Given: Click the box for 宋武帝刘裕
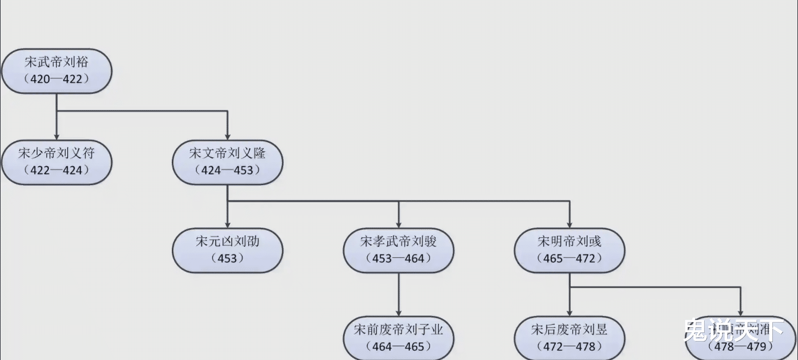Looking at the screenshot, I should pyautogui.click(x=56, y=71).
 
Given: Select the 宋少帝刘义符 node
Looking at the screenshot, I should pyautogui.click(x=56, y=162).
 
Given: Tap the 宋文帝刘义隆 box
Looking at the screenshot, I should pyautogui.click(x=227, y=162).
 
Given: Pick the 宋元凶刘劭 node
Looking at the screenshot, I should pyautogui.click(x=227, y=250).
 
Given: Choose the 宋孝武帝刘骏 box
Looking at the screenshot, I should pyautogui.click(x=398, y=250).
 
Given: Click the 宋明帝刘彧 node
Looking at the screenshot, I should pyautogui.click(x=569, y=250).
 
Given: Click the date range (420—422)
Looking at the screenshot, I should pyautogui.click(x=56, y=79).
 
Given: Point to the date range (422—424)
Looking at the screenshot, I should pyautogui.click(x=56, y=170).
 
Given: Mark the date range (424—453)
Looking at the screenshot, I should pyautogui.click(x=227, y=170).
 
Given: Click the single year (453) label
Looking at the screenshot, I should pyautogui.click(x=227, y=258).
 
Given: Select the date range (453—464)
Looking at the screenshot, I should pyautogui.click(x=398, y=258).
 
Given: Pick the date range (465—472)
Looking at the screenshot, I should pyautogui.click(x=569, y=258).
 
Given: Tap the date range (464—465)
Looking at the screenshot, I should pyautogui.click(x=398, y=347).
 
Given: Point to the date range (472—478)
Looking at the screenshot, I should pyautogui.click(x=569, y=347).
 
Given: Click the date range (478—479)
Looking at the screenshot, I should pyautogui.click(x=740, y=347).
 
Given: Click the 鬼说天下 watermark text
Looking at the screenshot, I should pyautogui.click(x=733, y=330).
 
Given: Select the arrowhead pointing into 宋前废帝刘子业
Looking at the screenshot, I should pyautogui.click(x=398, y=312).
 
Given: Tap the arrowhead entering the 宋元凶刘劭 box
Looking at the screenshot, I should pyautogui.click(x=227, y=224).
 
